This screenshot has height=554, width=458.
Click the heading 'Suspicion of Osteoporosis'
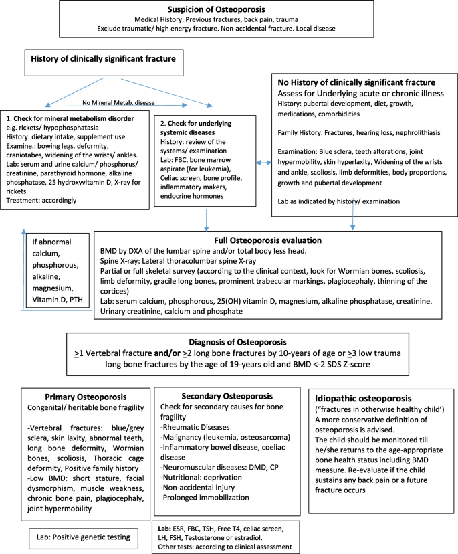point(227,9)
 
